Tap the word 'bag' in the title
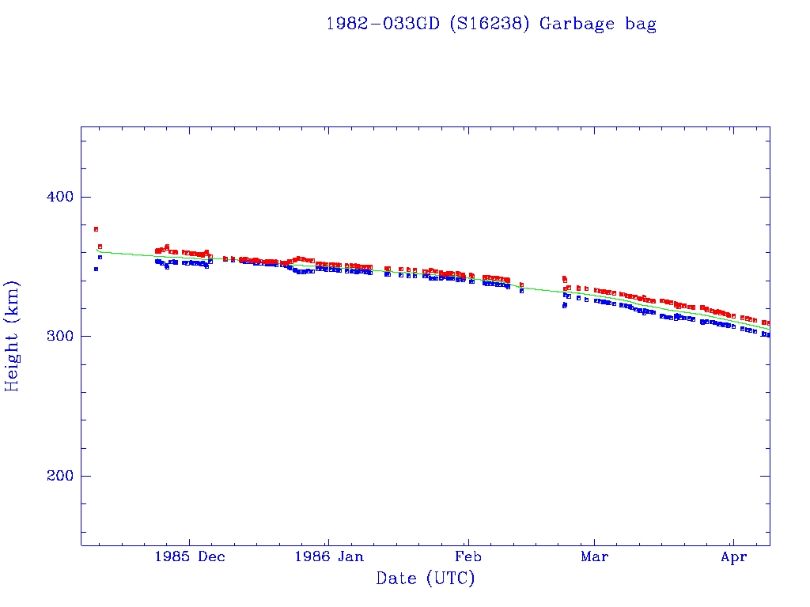pyautogui.click(x=640, y=25)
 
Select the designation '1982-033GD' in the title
pyautogui.click(x=384, y=24)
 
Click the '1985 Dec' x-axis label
pyautogui.click(x=189, y=556)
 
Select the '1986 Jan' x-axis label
pyautogui.click(x=328, y=556)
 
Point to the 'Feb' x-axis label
pyautogui.click(x=468, y=556)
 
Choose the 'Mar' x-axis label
pyautogui.click(x=594, y=556)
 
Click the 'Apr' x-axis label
pyautogui.click(x=734, y=556)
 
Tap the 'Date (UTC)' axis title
pyautogui.click(x=426, y=579)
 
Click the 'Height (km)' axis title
pyautogui.click(x=13, y=336)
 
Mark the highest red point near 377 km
pyautogui.click(x=96, y=229)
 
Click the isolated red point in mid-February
pyautogui.click(x=521, y=285)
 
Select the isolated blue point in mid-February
pyautogui.click(x=521, y=291)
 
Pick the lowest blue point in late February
pyautogui.click(x=564, y=306)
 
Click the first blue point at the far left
pyautogui.click(x=96, y=269)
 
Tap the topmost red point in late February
pyautogui.click(x=564, y=277)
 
